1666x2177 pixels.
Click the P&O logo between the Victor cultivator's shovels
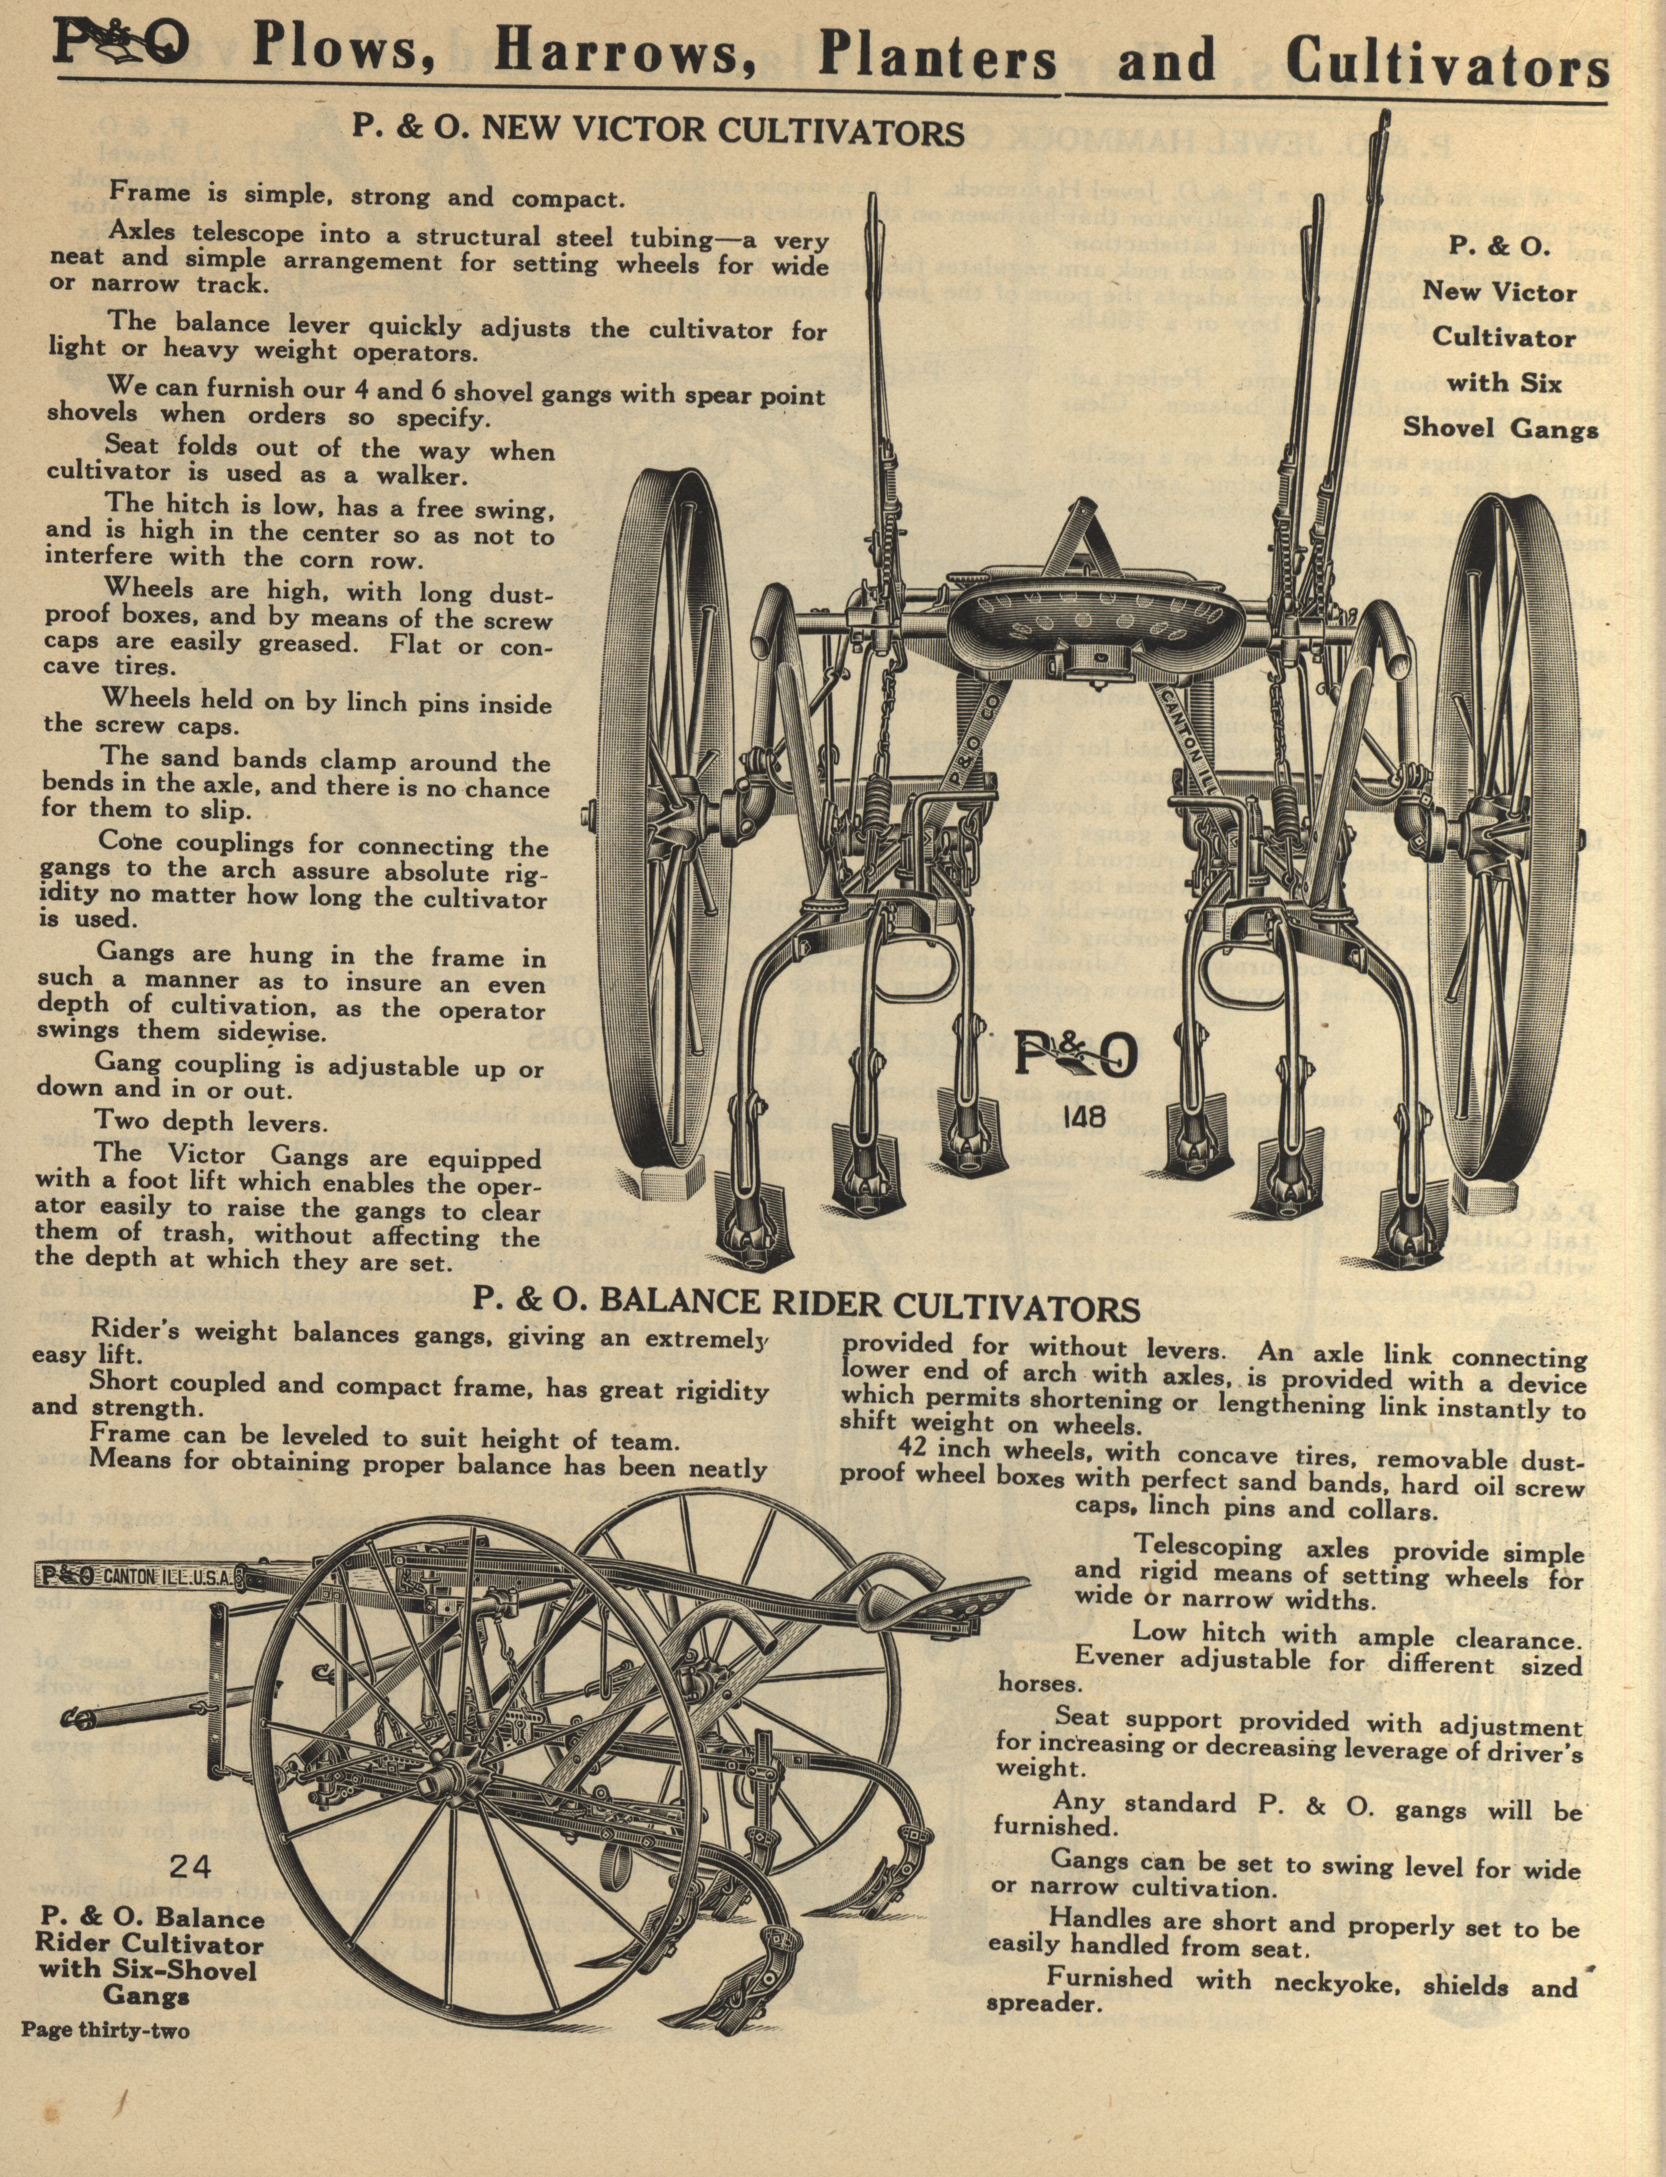1074,1059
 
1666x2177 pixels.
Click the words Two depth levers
209,1122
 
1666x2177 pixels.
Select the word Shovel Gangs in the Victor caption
1499,429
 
